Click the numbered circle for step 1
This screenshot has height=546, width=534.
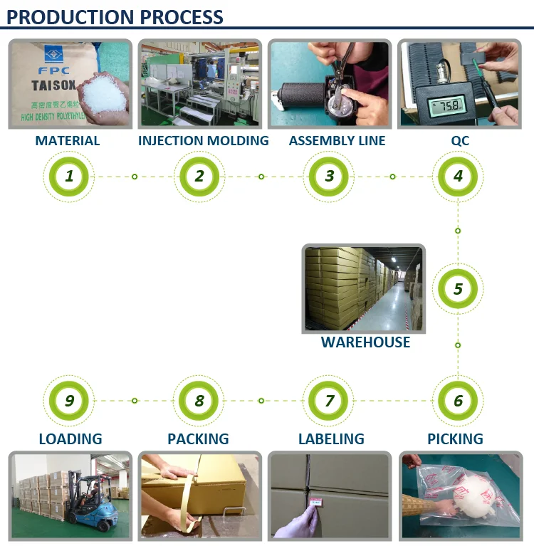coord(69,176)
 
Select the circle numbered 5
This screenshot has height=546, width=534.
coord(458,289)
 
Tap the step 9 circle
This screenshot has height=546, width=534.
coord(69,401)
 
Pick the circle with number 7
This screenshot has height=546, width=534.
coord(329,401)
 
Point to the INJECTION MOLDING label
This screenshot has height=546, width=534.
coord(204,140)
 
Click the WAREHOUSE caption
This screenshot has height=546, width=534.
coord(365,342)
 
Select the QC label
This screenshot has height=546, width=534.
coord(460,140)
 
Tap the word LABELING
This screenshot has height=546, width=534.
coord(331,439)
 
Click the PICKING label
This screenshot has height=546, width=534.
coord(455,439)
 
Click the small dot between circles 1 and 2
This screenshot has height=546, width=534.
coord(135,176)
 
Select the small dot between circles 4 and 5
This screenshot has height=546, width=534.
coord(458,231)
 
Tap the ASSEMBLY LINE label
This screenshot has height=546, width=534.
coord(337,140)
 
